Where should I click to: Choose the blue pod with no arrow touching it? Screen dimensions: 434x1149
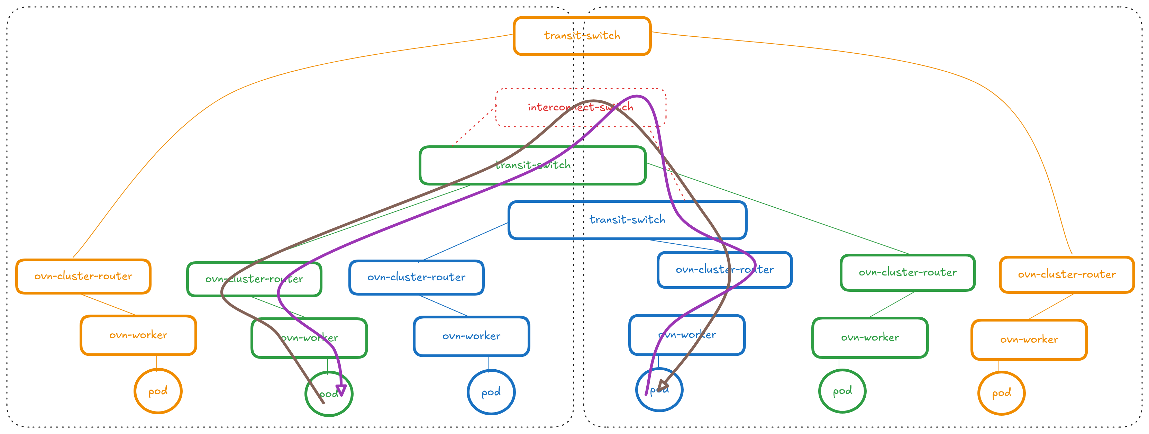point(491,392)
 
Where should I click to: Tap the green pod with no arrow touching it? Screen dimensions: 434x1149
point(842,391)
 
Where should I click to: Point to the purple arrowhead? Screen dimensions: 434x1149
point(341,390)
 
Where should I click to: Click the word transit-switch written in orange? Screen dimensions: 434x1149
point(582,36)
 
